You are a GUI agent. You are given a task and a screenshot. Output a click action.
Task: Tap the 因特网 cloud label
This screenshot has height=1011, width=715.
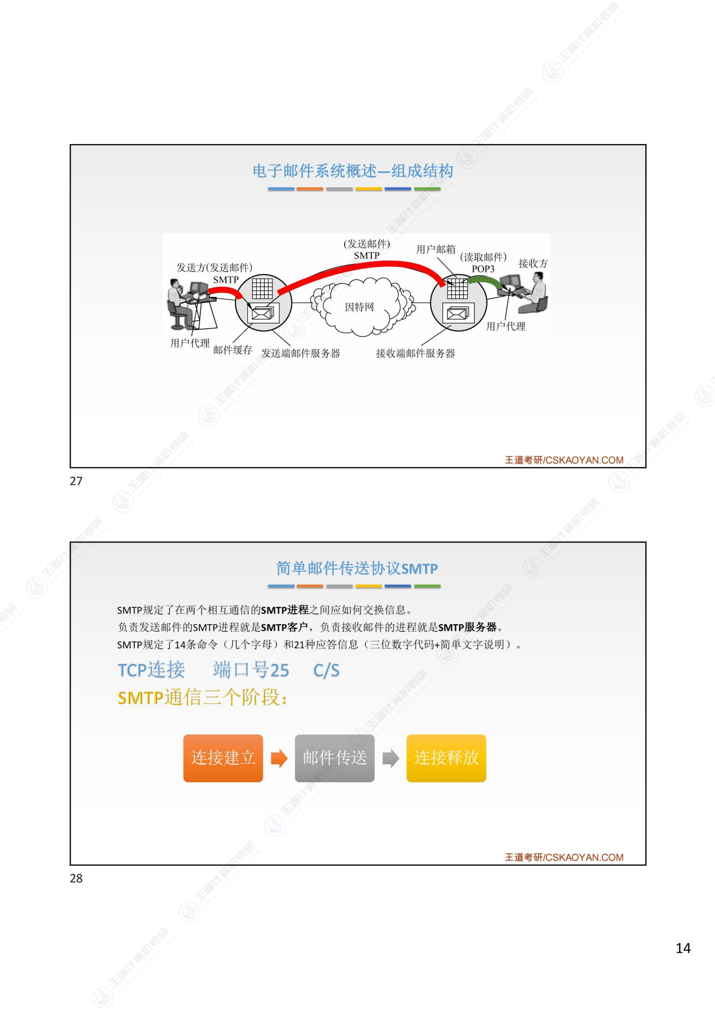pyautogui.click(x=359, y=307)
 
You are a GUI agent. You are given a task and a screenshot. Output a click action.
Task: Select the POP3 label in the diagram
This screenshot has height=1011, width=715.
pyautogui.click(x=483, y=269)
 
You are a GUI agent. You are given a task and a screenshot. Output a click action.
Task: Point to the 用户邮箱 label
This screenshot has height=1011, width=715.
pyautogui.click(x=436, y=249)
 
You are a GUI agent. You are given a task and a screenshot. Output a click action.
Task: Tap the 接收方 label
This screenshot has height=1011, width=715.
pyautogui.click(x=533, y=263)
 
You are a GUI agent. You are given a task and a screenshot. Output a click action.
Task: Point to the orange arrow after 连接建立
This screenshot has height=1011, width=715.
pyautogui.click(x=279, y=758)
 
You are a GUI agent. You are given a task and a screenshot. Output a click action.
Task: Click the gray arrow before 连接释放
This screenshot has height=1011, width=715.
pyautogui.click(x=390, y=758)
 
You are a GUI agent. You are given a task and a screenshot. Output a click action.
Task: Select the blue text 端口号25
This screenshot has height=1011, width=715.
pyautogui.click(x=251, y=670)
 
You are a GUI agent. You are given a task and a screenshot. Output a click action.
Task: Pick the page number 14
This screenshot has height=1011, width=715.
pyautogui.click(x=683, y=948)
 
